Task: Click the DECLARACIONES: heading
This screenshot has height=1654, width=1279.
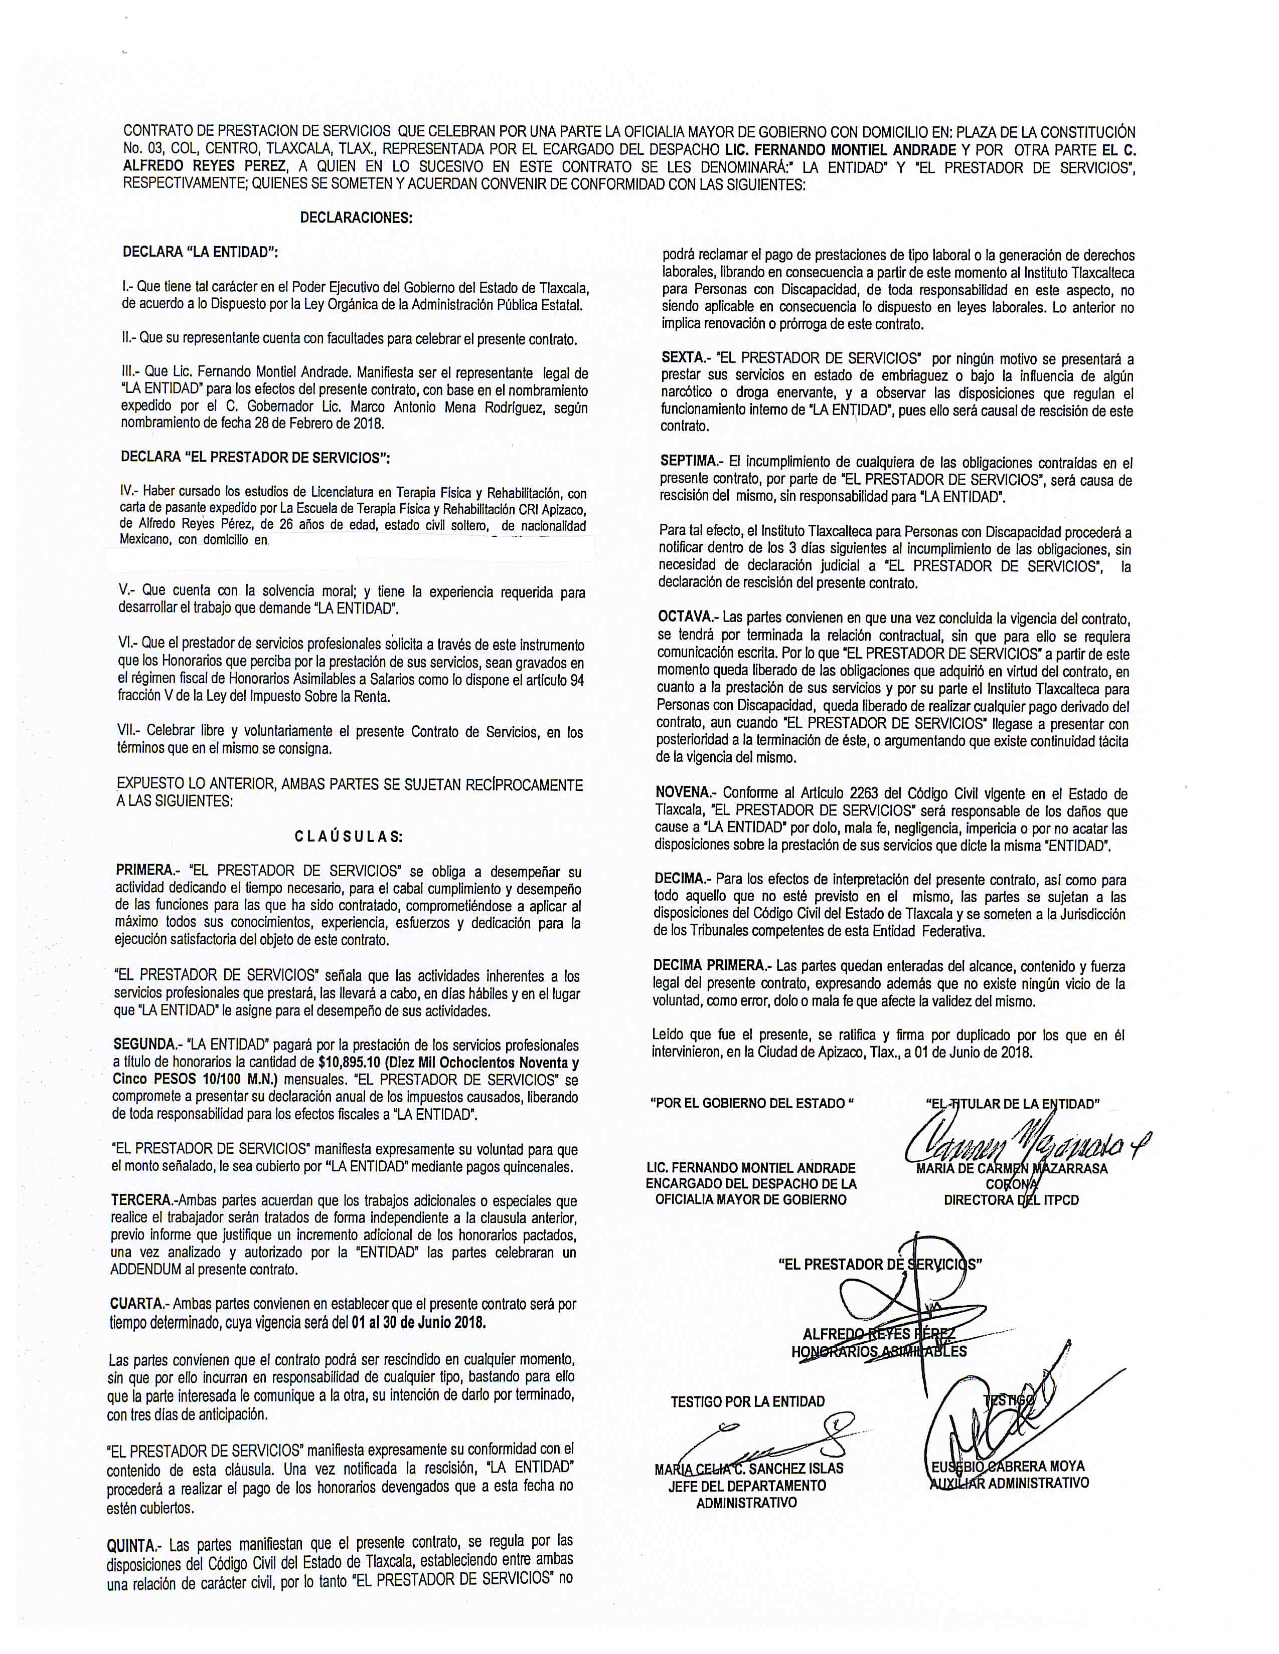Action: click(356, 218)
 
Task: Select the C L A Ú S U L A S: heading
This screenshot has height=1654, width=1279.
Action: click(349, 837)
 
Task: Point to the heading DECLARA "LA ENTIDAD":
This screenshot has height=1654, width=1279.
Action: click(200, 252)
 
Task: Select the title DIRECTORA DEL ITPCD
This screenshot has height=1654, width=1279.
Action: click(1011, 1199)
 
